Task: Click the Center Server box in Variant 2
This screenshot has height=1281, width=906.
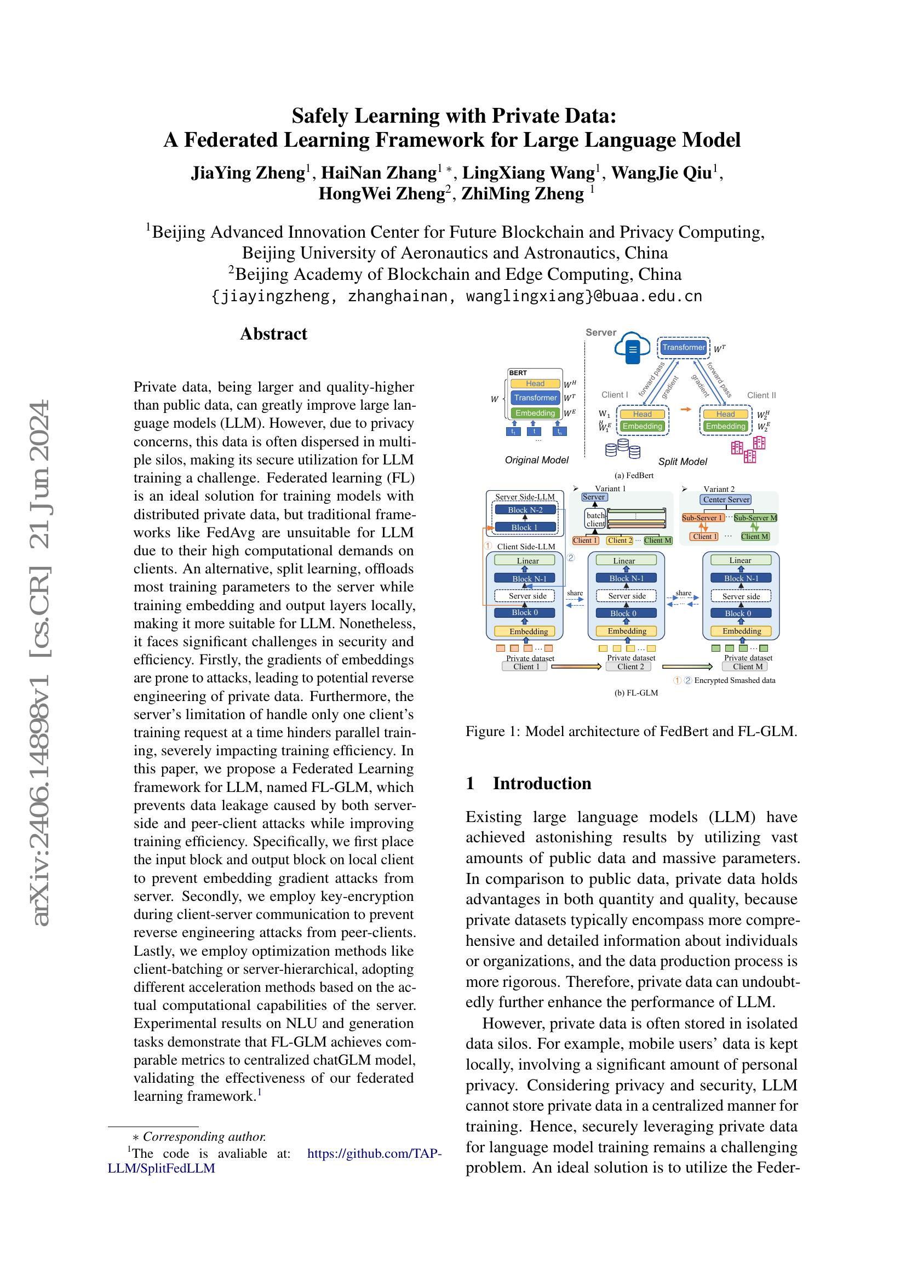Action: coord(726,499)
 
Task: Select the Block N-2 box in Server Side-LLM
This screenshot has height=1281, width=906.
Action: coord(525,510)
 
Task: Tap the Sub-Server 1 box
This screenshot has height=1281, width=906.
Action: coord(702,518)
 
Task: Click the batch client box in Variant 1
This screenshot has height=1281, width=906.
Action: coord(595,519)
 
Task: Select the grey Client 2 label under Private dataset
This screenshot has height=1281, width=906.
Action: coord(630,667)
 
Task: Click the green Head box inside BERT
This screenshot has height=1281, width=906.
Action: coord(535,383)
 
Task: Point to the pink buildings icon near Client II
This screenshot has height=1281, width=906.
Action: coord(748,450)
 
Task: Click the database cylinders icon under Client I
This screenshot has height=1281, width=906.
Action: coord(623,448)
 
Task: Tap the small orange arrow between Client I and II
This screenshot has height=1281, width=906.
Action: coord(686,409)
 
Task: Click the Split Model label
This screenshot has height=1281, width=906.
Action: coord(683,461)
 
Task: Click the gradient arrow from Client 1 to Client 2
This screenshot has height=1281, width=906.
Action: coord(576,667)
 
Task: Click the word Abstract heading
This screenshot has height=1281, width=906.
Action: coord(273,334)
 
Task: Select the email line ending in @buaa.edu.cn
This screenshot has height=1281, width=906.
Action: coord(456,296)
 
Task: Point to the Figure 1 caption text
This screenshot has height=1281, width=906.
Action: coord(631,731)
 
